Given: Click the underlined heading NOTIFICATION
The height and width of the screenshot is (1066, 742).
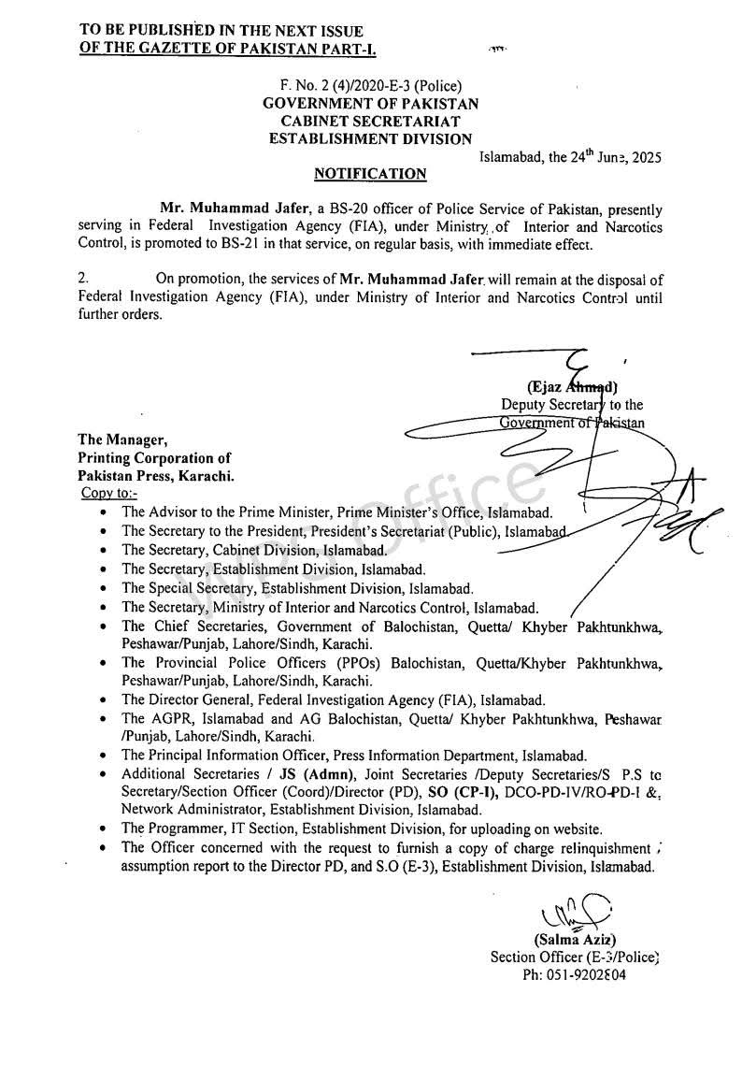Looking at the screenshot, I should tap(370, 174).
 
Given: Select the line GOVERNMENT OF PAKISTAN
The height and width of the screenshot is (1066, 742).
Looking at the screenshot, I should tap(371, 104).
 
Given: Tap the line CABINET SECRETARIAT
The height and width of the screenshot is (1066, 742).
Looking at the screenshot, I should tap(371, 122).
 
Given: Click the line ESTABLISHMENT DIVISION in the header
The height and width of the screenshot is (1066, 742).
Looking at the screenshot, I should tap(371, 139).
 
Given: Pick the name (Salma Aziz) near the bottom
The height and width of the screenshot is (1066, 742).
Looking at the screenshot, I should tap(575, 940).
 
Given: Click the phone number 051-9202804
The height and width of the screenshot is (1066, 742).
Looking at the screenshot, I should tap(574, 974).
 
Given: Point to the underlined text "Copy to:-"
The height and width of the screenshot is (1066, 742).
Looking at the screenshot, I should tap(109, 493).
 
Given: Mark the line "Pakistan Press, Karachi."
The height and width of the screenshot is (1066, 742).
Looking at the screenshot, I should tap(155, 476).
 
